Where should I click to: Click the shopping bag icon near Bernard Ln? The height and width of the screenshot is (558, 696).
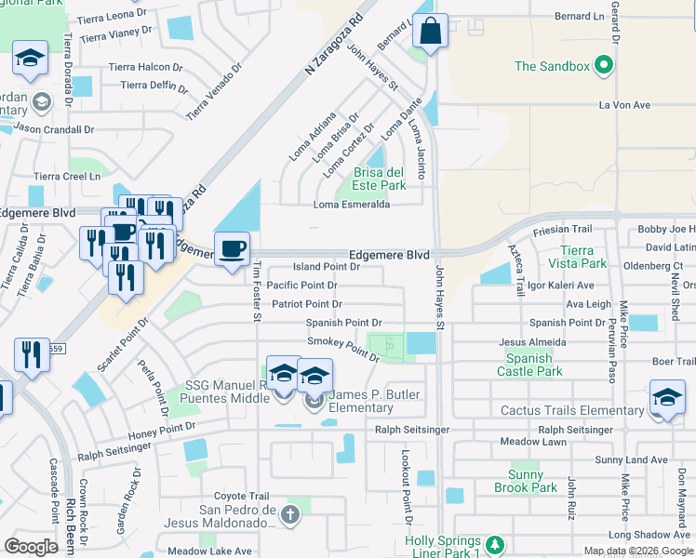pos(430,32)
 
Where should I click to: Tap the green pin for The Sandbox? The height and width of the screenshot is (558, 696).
pos(603,66)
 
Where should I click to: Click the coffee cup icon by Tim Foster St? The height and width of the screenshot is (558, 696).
pos(232,249)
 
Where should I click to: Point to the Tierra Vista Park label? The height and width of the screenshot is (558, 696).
pos(583,257)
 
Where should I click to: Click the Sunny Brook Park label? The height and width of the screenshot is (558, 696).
pos(526,481)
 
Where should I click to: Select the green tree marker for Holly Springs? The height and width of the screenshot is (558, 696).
pos(496,544)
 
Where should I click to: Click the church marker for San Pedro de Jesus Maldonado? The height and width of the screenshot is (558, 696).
pos(290,514)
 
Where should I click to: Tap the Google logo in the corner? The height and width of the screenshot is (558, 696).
pos(31,546)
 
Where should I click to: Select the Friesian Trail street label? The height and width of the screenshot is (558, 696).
pos(562,229)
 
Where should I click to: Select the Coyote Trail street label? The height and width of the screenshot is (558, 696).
pos(241,496)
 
